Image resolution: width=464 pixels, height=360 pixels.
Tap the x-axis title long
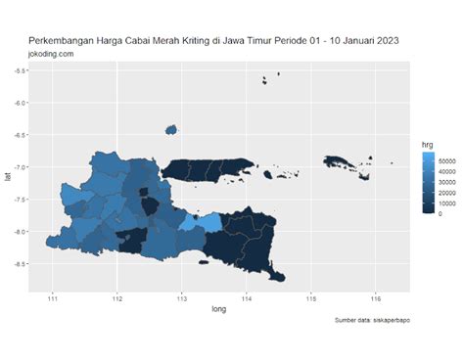(219, 309)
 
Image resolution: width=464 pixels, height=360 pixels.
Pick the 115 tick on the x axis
(310, 296)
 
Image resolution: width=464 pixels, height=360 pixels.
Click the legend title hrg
(426, 144)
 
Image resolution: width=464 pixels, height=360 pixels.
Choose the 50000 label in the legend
(449, 159)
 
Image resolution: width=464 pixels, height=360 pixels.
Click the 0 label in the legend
(441, 212)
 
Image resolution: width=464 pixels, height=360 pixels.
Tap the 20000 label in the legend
(449, 192)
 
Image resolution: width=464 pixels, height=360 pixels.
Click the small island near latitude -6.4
(171, 128)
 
